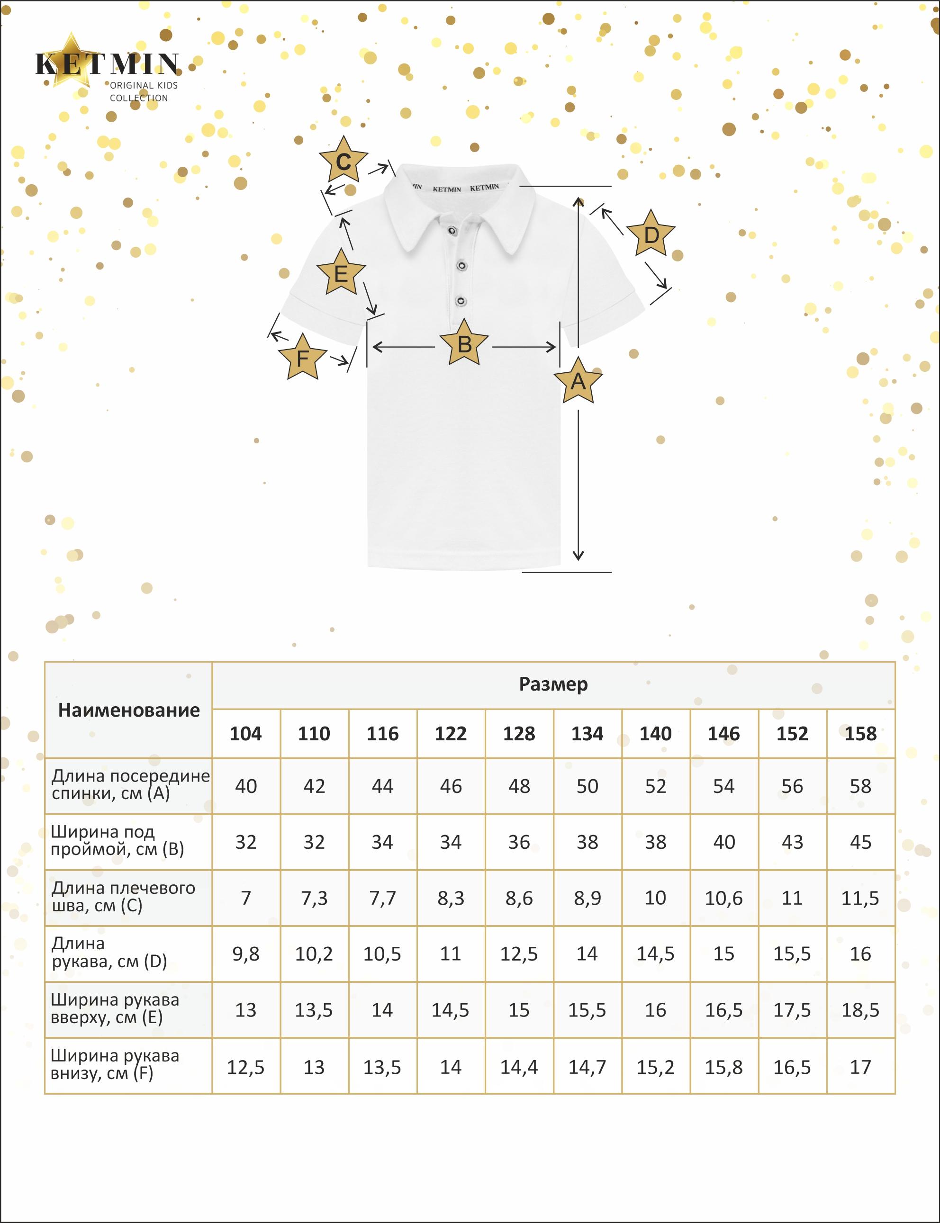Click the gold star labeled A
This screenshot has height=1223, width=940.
[x=578, y=381]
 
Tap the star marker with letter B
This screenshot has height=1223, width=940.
[x=464, y=343]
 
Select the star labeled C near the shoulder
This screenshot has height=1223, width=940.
[x=343, y=161]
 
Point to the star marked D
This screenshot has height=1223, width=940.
[x=651, y=234]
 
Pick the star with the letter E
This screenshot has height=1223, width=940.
[x=341, y=273]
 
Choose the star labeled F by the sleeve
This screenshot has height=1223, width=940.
[x=302, y=358]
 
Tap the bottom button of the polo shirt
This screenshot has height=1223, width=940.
[x=461, y=301]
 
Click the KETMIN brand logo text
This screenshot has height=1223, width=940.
[x=108, y=64]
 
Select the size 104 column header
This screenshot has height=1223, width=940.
[x=245, y=734]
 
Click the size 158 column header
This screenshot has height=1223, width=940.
[x=860, y=734]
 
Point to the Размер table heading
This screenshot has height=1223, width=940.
[x=553, y=684]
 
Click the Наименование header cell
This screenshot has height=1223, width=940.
[x=129, y=710]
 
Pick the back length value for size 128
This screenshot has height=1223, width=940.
[x=519, y=786]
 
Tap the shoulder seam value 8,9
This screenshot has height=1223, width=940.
[x=587, y=898]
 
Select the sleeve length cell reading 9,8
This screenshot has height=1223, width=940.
[x=245, y=954]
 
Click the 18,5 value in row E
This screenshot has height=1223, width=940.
[x=860, y=1010]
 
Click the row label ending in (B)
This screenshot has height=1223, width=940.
[x=117, y=841]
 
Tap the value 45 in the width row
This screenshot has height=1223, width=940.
[x=860, y=842]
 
